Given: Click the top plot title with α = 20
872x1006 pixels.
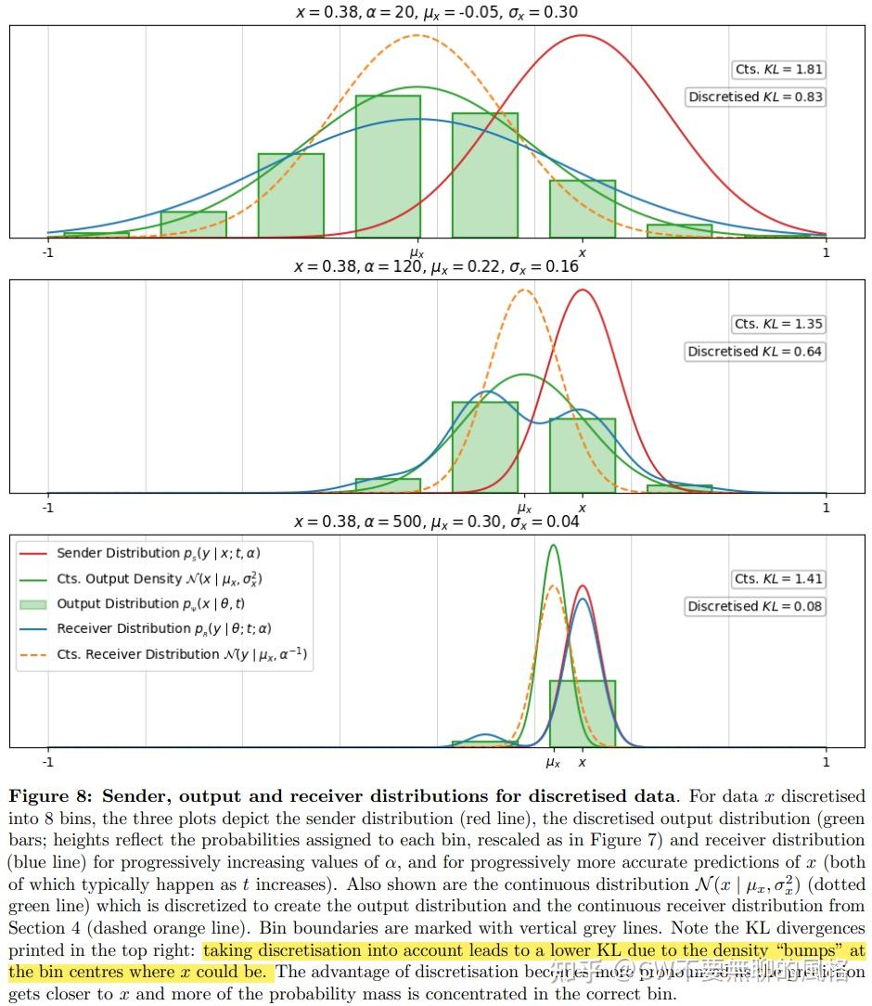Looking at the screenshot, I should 436,12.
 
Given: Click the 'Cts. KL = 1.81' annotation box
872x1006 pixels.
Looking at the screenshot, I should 778,70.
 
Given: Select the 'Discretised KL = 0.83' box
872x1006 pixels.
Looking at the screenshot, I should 755,97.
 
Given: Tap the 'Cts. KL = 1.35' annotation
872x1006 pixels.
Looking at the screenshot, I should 778,324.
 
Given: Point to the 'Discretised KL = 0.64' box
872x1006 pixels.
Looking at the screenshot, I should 755,352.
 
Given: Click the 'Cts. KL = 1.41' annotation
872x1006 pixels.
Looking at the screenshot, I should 778,579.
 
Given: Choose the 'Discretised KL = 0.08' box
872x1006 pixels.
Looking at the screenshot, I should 755,606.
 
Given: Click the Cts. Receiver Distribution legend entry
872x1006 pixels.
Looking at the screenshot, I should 182,654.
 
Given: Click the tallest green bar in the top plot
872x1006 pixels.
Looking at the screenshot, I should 388,167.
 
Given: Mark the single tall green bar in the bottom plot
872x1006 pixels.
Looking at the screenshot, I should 582,714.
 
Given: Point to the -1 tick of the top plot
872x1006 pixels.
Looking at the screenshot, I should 47,251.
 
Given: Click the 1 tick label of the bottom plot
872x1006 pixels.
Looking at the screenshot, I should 826,762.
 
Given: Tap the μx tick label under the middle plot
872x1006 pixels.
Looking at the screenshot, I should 524,508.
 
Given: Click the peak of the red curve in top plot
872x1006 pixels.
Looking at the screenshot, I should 583,36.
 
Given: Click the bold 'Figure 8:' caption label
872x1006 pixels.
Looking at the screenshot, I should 52,796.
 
